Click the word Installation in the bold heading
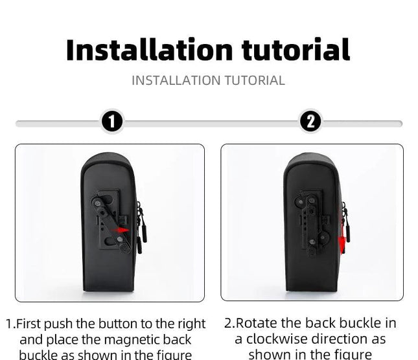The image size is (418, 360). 150,50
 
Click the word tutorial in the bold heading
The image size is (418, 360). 296,50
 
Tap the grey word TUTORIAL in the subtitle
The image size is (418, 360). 255,80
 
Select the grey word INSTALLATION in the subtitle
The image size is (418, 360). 176,80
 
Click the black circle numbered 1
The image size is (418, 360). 112,121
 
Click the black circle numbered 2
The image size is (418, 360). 310,121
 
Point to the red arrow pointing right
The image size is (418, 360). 121,230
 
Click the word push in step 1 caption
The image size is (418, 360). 58,324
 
